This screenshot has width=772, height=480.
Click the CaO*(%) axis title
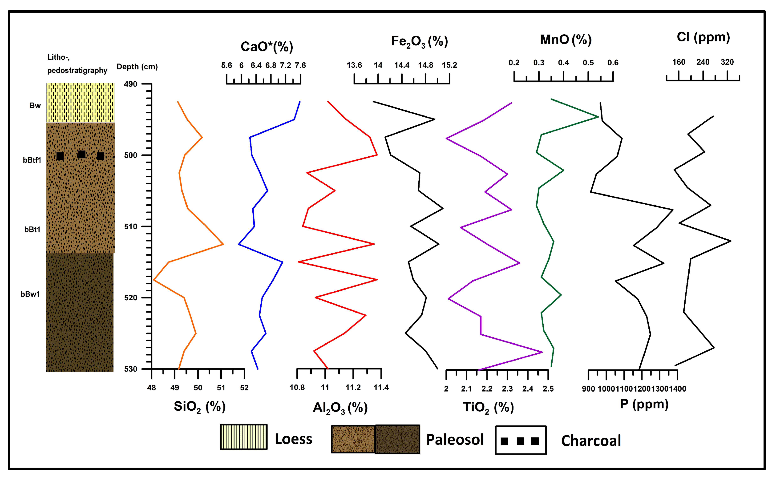point(267,47)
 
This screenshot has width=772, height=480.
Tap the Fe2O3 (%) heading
point(419,42)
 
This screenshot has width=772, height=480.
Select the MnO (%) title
point(566,40)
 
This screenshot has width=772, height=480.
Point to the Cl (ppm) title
point(703,37)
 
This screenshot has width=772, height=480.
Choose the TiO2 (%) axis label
point(488,407)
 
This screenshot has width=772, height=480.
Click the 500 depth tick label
point(130,155)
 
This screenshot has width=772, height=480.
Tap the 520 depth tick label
point(130,298)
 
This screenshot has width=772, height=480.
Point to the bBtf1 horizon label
point(32,160)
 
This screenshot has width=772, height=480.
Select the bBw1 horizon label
point(30,294)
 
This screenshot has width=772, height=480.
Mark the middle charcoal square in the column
point(82,154)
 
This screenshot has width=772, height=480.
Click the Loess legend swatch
point(244,437)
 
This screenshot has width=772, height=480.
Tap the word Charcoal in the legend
point(591,441)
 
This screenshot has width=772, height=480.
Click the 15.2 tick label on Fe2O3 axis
point(449,65)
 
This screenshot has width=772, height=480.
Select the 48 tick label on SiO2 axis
point(152,388)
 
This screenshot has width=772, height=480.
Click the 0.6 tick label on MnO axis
point(613,63)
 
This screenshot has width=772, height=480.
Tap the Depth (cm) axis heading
point(137,67)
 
